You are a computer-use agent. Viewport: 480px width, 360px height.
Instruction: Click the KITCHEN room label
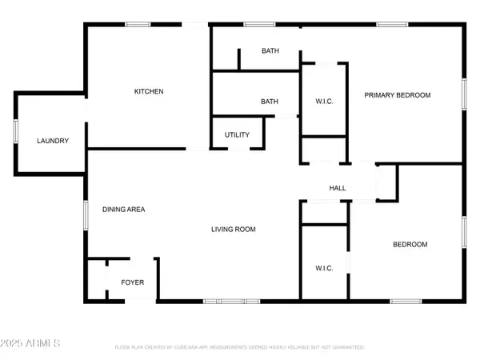(148, 92)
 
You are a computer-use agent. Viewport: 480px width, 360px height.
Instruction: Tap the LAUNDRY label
(53, 141)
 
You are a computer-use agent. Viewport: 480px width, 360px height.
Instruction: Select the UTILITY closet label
(237, 134)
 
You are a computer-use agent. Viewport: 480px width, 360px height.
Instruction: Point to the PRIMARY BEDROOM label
(398, 95)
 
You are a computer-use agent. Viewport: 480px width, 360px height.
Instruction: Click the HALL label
(338, 188)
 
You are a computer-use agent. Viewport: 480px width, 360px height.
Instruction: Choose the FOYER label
(132, 282)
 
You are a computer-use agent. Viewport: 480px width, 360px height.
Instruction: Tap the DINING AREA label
(123, 210)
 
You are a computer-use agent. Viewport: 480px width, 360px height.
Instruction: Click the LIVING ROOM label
(233, 230)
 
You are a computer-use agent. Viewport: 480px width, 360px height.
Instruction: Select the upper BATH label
(270, 51)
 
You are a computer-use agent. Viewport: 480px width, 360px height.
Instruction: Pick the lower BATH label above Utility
(270, 102)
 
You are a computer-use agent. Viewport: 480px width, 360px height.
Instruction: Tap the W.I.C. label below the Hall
(324, 267)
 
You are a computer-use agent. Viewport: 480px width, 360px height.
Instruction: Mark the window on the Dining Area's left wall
(86, 216)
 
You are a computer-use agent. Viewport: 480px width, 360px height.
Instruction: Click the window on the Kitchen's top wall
(137, 25)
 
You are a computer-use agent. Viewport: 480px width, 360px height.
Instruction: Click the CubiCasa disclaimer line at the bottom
(239, 348)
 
